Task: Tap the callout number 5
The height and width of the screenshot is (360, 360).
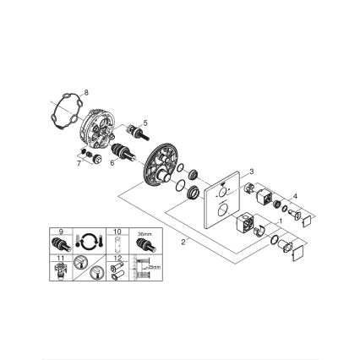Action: point(145,123)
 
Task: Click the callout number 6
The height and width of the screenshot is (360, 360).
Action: point(112,163)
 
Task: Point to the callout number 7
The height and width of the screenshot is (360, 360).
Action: point(79,165)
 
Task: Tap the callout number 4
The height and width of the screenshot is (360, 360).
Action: point(295,196)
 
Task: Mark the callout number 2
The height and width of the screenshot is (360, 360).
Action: point(183,241)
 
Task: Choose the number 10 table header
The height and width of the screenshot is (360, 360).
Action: point(118,230)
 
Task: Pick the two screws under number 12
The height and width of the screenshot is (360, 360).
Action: point(118,270)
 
